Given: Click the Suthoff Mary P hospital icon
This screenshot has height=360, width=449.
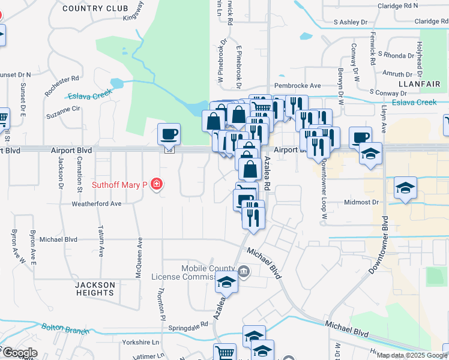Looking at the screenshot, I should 157,184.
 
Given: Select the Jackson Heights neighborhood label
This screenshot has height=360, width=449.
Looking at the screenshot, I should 95,289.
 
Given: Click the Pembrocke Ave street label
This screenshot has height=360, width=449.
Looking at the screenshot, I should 298,86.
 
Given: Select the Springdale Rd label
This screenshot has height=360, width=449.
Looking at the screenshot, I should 188,324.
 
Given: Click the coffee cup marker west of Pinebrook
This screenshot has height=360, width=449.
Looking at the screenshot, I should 169,133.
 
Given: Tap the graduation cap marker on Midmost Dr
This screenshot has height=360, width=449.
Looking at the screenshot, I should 405,188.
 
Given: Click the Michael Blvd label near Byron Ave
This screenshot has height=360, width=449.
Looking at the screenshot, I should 58,239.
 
